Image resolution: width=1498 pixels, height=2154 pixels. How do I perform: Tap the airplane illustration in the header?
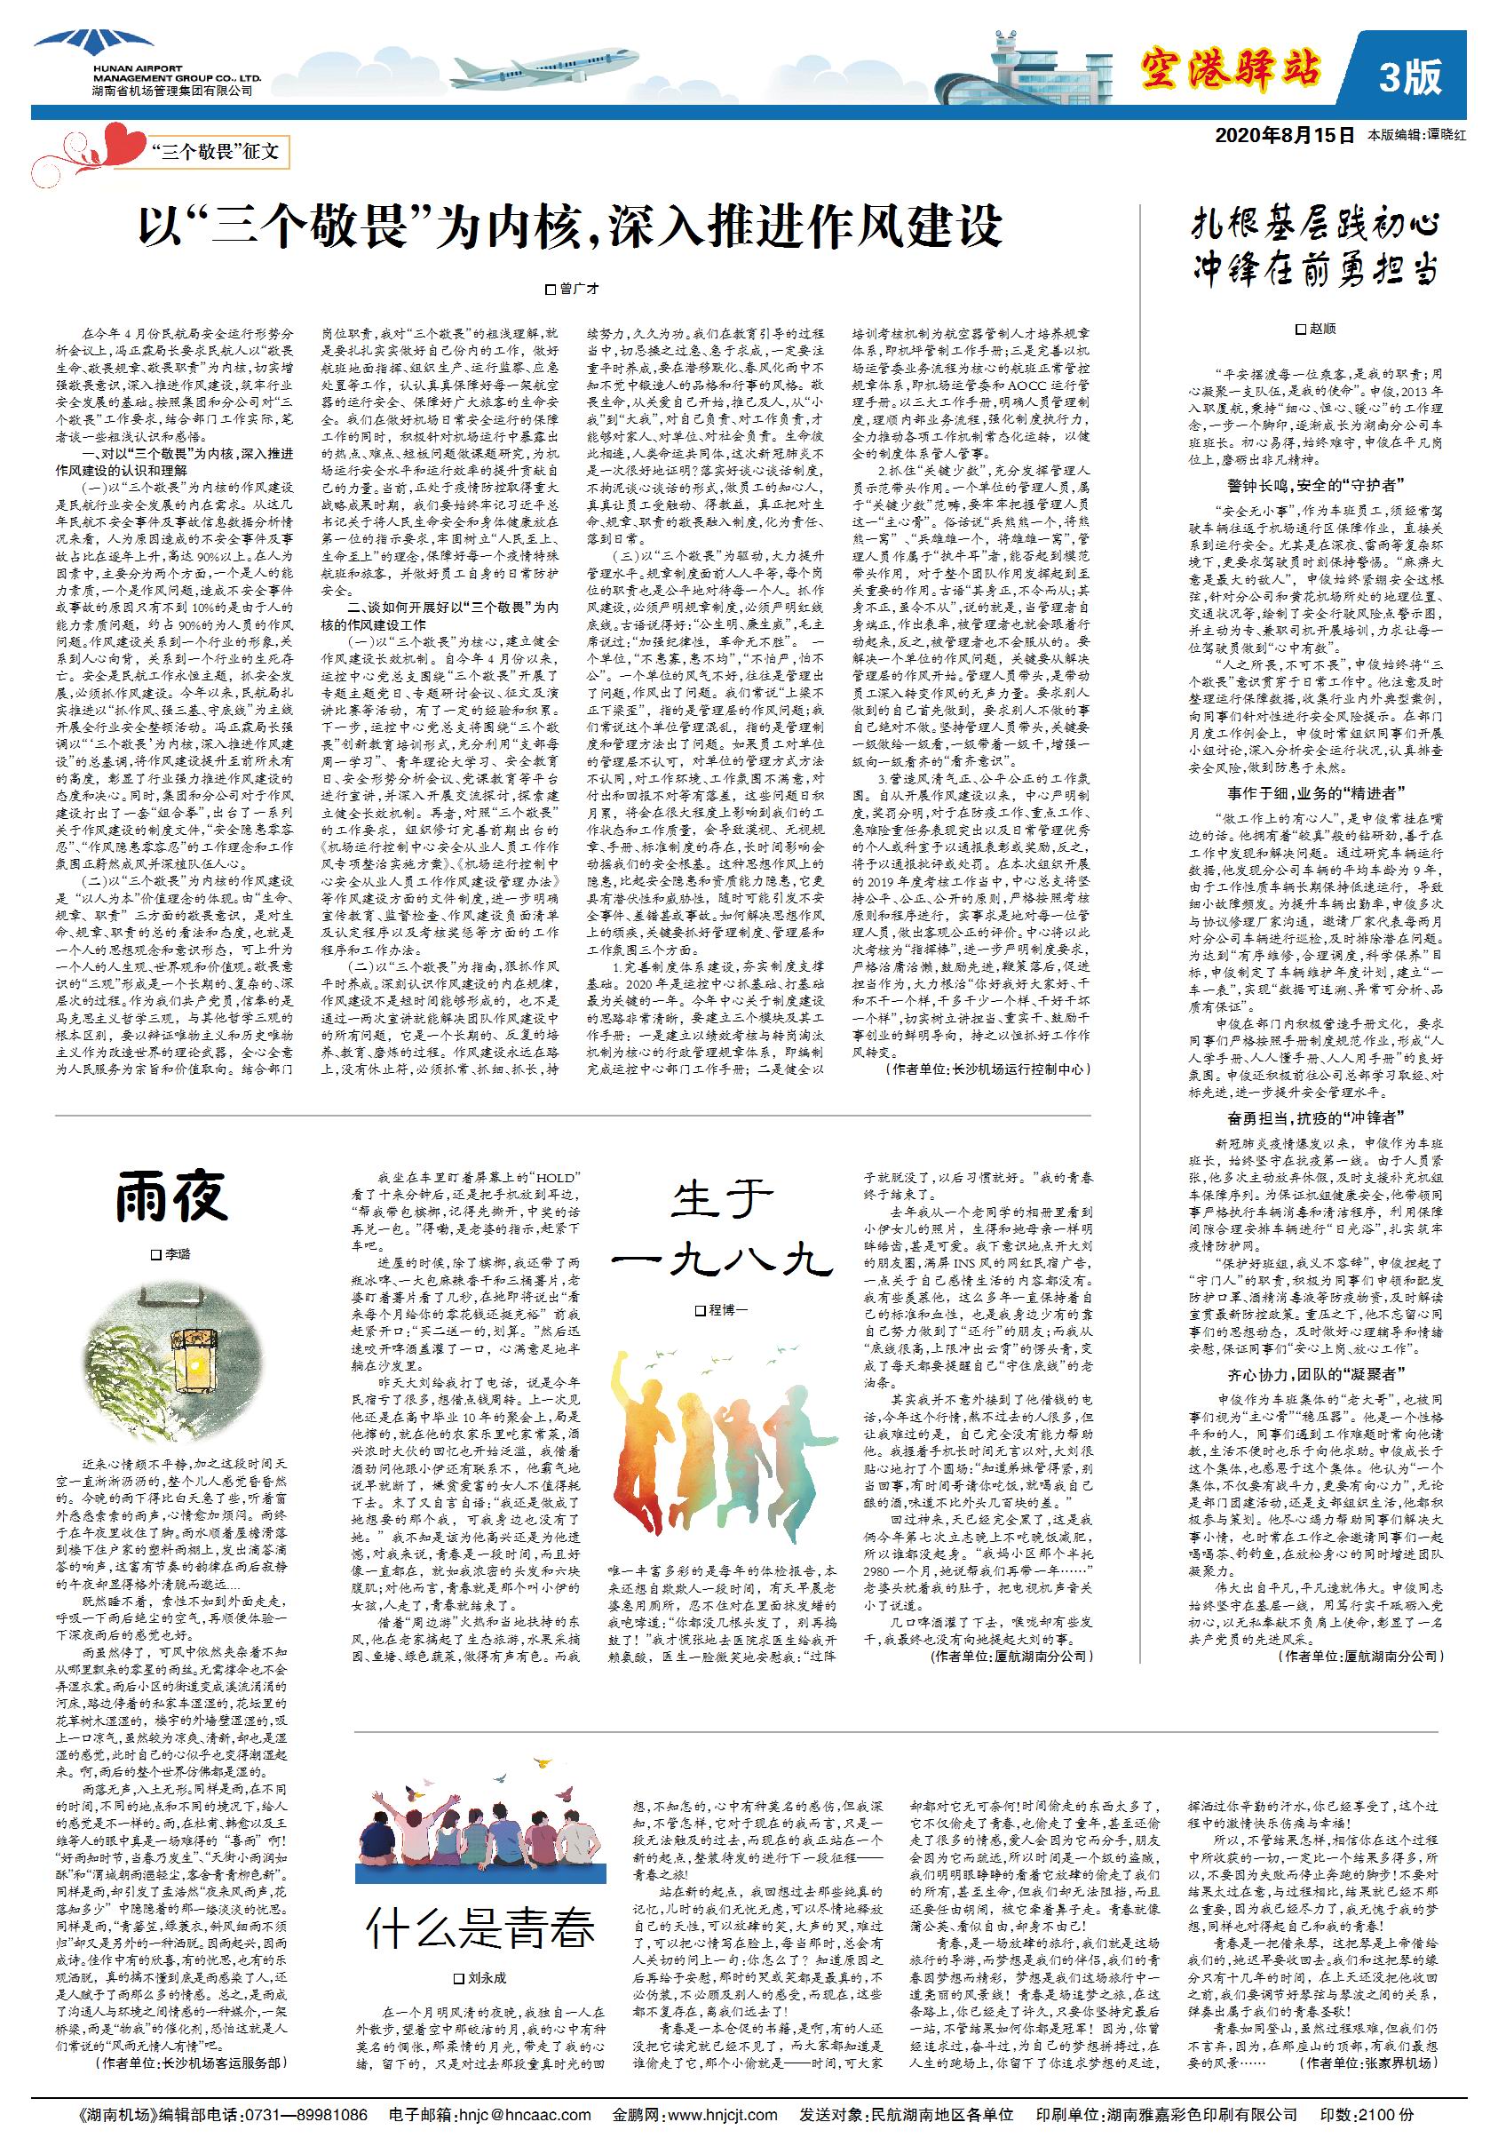[x=530, y=68]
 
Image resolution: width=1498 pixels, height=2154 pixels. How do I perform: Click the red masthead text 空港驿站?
[x=1230, y=70]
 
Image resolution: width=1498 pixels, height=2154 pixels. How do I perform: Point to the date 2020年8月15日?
[x=1284, y=135]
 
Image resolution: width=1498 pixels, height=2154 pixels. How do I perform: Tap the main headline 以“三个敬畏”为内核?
[x=570, y=227]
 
